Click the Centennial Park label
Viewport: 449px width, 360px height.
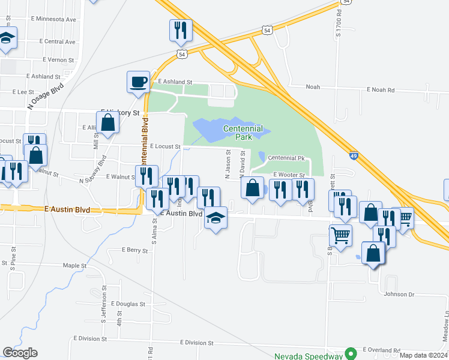[243, 133]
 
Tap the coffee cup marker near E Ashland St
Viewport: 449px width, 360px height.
[138, 82]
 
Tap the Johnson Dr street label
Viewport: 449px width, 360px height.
[399, 294]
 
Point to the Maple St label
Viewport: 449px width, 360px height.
[75, 265]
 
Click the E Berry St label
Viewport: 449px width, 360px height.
[134, 250]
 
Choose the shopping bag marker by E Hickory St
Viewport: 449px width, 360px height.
[108, 122]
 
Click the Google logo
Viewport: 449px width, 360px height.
[20, 353]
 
